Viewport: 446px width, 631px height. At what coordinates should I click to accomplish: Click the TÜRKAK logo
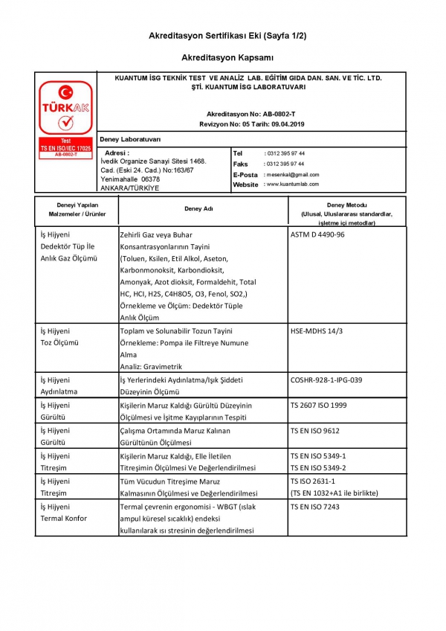tap(65, 112)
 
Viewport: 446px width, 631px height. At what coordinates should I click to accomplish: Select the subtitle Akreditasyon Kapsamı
tap(227, 57)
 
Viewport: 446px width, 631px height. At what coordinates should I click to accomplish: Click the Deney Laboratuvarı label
tap(130, 140)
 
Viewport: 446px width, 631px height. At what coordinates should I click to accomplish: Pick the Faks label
tap(240, 164)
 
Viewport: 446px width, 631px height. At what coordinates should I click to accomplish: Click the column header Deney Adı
tap(199, 209)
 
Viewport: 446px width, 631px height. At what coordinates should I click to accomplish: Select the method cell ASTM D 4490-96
tap(317, 234)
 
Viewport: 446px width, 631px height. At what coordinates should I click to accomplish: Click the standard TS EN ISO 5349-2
tap(318, 468)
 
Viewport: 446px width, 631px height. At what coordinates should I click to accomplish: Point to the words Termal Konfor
tap(63, 519)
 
